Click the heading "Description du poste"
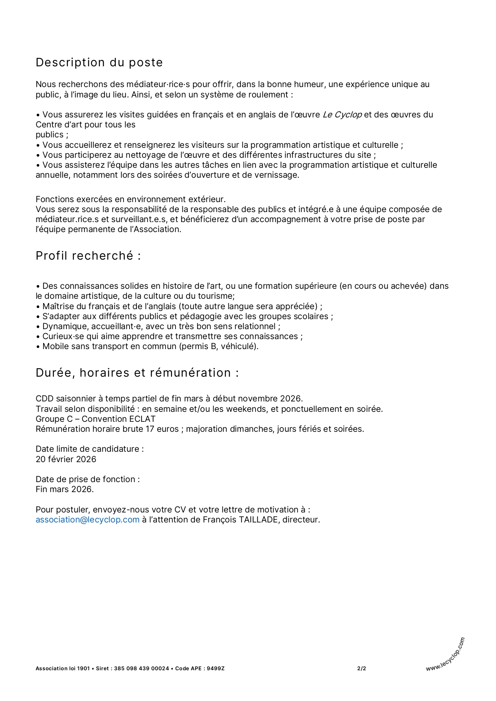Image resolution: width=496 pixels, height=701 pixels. pos(99,62)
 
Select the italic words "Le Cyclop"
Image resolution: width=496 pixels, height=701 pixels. pos(342,115)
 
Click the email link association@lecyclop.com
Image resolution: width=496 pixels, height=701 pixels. pos(88,520)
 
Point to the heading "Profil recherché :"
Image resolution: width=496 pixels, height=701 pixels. pos(88,256)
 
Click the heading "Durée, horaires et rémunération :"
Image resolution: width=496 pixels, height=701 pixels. pos(137,373)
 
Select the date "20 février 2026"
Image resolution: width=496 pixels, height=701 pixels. pos(66,459)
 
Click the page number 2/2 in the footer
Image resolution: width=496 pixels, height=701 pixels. pos(362,668)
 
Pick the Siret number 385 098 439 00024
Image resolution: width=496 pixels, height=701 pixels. pos(142,668)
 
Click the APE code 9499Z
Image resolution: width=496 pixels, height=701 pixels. pos(216,668)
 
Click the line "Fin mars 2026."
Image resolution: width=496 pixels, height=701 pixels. pos(65,489)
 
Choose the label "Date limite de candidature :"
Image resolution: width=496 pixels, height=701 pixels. pos(90,449)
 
